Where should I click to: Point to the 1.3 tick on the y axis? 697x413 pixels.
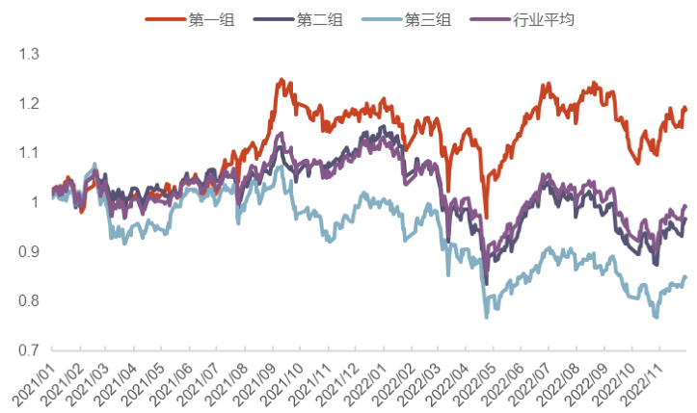(28, 54)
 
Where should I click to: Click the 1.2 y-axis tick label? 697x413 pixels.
(28, 104)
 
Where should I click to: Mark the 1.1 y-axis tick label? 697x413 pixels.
(28, 153)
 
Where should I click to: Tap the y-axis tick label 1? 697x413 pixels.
(36, 202)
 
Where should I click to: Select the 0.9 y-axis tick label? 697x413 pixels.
(28, 252)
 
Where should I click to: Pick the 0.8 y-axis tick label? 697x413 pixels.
(28, 301)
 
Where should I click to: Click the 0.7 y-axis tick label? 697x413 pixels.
(28, 350)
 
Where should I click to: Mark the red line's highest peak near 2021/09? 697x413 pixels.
(281, 80)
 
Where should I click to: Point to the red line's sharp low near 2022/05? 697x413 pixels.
(487, 218)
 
